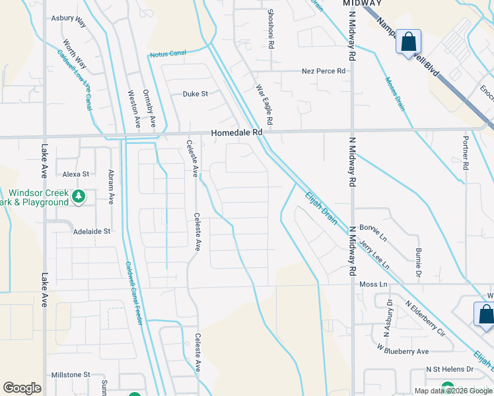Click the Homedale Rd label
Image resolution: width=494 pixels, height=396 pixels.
(x=237, y=132)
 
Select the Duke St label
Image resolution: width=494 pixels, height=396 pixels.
(x=195, y=94)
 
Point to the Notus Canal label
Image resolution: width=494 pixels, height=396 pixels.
(x=168, y=54)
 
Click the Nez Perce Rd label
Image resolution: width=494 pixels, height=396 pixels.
(x=324, y=71)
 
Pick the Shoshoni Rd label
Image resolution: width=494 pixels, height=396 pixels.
(x=270, y=29)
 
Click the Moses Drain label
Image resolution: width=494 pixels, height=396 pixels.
(x=395, y=93)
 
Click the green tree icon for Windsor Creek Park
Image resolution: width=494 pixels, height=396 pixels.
(x=79, y=196)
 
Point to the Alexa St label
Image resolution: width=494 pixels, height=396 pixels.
(x=75, y=174)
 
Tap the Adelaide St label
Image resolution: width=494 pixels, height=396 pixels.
(x=92, y=232)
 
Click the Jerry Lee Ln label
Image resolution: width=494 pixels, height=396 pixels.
(x=374, y=254)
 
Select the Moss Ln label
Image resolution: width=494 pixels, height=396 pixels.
(x=372, y=284)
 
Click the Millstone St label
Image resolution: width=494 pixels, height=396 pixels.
(x=70, y=374)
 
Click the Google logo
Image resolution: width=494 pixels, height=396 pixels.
(x=22, y=388)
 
